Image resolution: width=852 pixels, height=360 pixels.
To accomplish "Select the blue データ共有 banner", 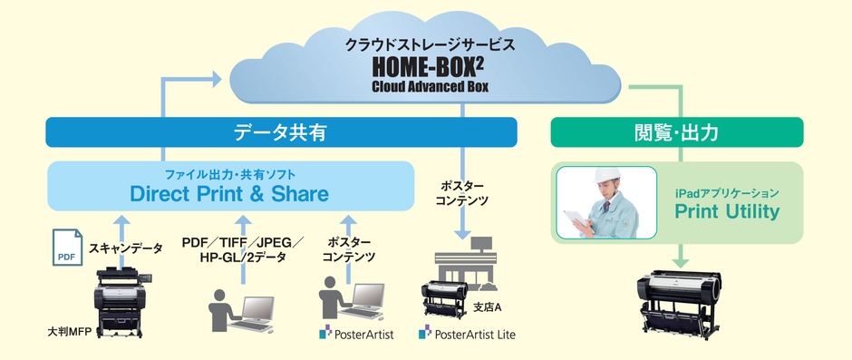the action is pyautogui.click(x=281, y=132).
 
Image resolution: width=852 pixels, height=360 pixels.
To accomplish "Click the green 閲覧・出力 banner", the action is pyautogui.click(x=677, y=132).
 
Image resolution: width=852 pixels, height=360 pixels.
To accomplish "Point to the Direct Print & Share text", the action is pyautogui.click(x=228, y=193).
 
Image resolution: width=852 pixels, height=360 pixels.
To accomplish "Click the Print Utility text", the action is pyautogui.click(x=727, y=211).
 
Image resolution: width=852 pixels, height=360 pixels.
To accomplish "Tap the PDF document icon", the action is pyautogui.click(x=67, y=248).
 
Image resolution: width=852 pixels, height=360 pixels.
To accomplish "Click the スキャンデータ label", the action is pyautogui.click(x=125, y=248).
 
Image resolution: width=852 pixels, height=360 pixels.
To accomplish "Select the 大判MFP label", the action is pyautogui.click(x=68, y=331).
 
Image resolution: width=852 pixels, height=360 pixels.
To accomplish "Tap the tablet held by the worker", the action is pyautogui.click(x=575, y=219).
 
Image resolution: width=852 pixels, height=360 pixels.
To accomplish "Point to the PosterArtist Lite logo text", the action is pyautogui.click(x=467, y=333).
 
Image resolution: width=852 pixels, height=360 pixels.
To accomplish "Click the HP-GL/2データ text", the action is pyautogui.click(x=242, y=258).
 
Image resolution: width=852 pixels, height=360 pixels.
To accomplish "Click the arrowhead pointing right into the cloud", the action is pyautogui.click(x=216, y=80).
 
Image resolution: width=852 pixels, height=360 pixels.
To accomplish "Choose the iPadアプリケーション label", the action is pyautogui.click(x=727, y=192).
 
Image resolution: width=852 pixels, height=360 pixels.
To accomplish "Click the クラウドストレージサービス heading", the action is pyautogui.click(x=430, y=44).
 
